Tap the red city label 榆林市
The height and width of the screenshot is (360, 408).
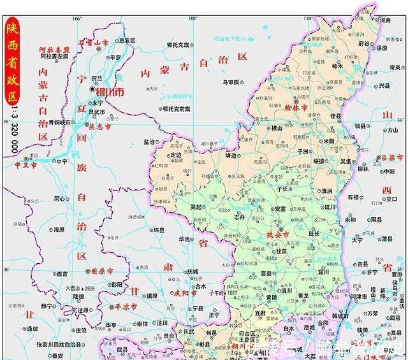coord(295,108)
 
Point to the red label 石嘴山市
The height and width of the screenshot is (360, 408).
coord(94,43)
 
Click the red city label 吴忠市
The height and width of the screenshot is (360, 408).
coord(100,127)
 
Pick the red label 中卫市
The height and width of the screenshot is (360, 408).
coord(27,164)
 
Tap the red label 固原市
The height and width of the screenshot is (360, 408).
coord(102,271)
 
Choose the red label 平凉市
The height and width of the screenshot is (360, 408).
coord(126,307)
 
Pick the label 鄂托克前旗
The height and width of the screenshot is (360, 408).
coord(176,109)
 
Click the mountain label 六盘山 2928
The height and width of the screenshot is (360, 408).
coord(79,288)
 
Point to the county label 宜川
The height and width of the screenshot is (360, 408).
coord(324,271)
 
